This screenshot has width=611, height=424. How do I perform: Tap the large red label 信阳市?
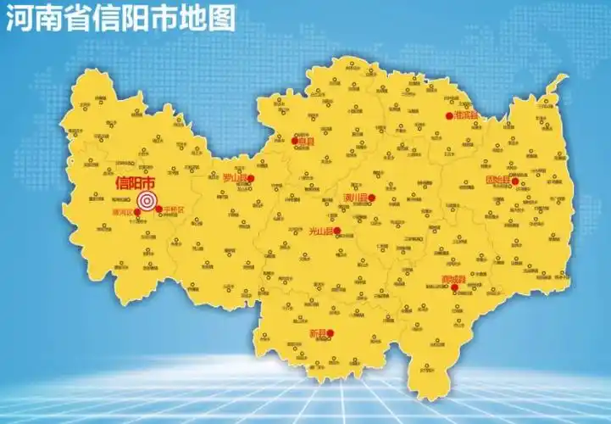[x=135, y=183]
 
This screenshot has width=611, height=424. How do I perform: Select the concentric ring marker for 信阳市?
[x=147, y=201]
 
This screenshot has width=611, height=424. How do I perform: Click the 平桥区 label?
[x=174, y=209]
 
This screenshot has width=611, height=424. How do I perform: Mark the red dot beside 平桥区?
[x=159, y=209]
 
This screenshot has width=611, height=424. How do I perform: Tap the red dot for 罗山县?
[x=251, y=178]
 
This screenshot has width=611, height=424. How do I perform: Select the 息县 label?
[x=306, y=142]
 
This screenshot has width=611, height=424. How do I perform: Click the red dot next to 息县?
[x=295, y=141]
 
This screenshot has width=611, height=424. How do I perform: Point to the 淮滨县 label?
[x=466, y=114]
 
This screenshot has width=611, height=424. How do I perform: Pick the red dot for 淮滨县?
[x=450, y=115]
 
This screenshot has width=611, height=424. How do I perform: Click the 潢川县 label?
[x=355, y=198]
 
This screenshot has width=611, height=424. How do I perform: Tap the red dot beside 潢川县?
[x=372, y=198]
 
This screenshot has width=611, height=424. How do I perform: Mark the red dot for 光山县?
[x=337, y=231]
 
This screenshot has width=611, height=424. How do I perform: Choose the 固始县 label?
[x=497, y=181]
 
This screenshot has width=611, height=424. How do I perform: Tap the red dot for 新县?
[x=331, y=333]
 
